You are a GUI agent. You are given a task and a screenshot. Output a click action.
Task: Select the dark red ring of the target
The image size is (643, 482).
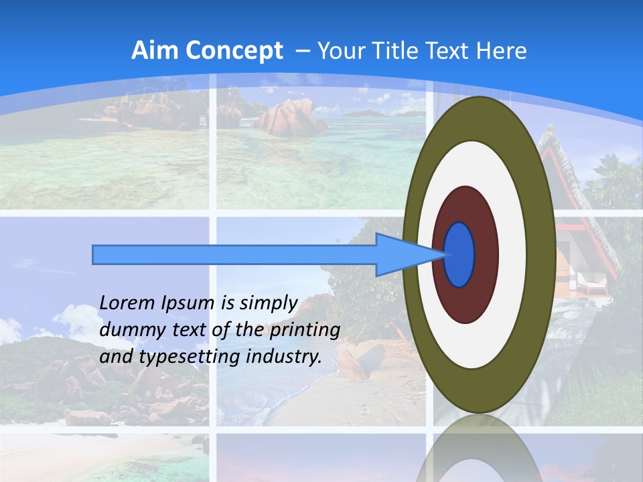pos(486,254)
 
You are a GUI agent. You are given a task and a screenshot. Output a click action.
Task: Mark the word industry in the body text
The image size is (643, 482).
pos(282,357)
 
